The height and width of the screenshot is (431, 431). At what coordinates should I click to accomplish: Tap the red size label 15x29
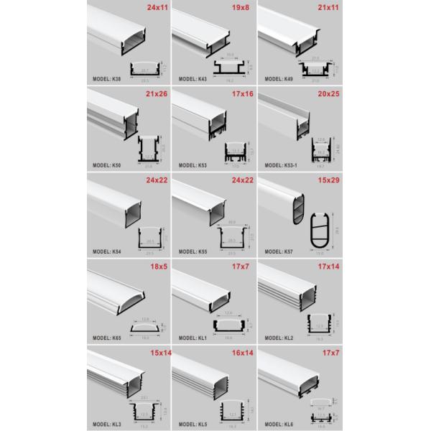coord(325,180)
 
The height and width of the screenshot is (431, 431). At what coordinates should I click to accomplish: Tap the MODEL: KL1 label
coord(193,337)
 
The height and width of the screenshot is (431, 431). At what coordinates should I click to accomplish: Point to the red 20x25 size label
coord(325,96)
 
